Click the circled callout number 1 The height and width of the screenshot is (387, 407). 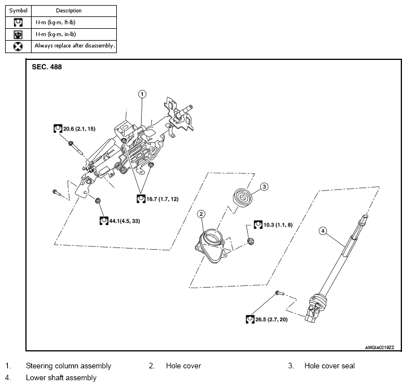coord(142,94)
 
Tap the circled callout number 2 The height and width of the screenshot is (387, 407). coord(201,214)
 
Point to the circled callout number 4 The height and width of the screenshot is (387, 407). coord(322,231)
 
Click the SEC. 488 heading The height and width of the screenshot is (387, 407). coord(47,67)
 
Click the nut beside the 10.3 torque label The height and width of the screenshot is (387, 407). coord(251,241)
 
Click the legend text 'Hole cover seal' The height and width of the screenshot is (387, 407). coord(329,366)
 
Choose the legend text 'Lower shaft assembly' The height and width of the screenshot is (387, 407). coord(61,377)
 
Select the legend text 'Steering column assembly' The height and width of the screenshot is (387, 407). coord(68,366)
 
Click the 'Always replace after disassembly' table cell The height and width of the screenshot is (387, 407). coord(74,45)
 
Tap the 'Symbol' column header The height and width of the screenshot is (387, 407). coord(18,10)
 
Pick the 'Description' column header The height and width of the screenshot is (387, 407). coord(68,10)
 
